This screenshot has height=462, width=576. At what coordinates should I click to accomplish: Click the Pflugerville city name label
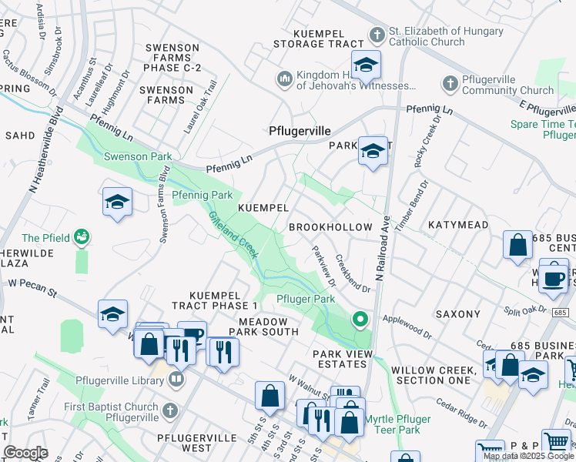tap(300, 131)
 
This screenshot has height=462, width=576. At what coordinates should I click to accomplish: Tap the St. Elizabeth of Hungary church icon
tap(377, 35)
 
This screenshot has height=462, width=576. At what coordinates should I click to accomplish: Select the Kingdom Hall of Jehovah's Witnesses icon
tap(284, 79)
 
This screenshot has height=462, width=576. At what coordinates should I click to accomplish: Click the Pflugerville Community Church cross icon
tap(450, 83)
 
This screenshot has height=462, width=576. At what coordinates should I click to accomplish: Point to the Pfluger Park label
tap(306, 299)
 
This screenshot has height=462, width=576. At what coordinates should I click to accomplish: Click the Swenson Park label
tap(139, 156)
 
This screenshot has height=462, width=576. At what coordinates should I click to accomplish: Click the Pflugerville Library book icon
tap(176, 379)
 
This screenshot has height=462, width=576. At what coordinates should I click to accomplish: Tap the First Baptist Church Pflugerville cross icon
tap(170, 410)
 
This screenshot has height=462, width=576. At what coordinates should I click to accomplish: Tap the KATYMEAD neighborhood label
tap(458, 225)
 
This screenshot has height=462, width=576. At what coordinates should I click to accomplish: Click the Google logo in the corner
tap(25, 453)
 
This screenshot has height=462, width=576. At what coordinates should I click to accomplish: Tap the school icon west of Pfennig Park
tap(117, 203)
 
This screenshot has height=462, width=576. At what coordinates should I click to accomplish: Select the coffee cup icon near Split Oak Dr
tap(553, 279)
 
